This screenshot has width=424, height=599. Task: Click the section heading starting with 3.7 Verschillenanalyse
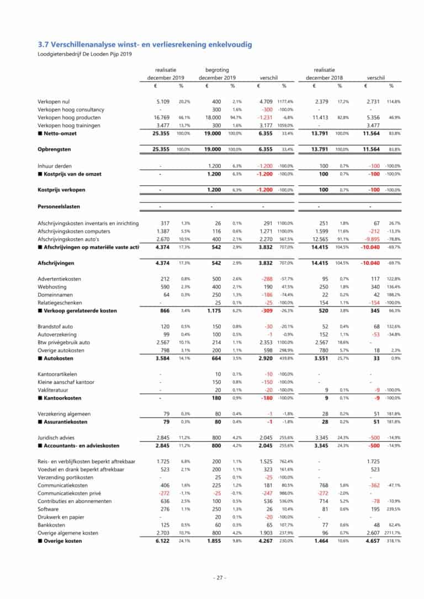pyautogui.click(x=145, y=44)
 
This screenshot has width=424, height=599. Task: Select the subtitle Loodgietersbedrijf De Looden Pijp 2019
pyautogui.click(x=84, y=54)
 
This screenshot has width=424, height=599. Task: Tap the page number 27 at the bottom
pyautogui.click(x=220, y=578)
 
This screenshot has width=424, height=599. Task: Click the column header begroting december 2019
pyautogui.click(x=217, y=74)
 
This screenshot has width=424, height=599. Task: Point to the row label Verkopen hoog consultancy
pyautogui.click(x=71, y=109)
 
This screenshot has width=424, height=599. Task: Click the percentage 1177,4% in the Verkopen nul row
pyautogui.click(x=285, y=101)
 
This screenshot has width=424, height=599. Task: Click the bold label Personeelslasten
pyautogui.click(x=59, y=206)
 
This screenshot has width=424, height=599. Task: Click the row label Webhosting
pyautogui.click(x=52, y=287)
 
